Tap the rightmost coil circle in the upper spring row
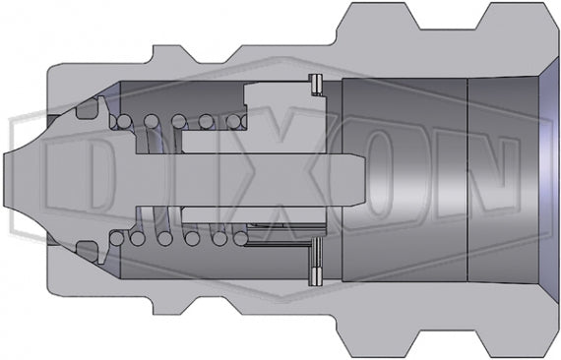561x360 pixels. point(235,122)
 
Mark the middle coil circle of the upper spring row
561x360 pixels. point(179,122)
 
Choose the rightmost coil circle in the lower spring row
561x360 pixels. point(237,238)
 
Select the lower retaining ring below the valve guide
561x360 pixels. point(317,257)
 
